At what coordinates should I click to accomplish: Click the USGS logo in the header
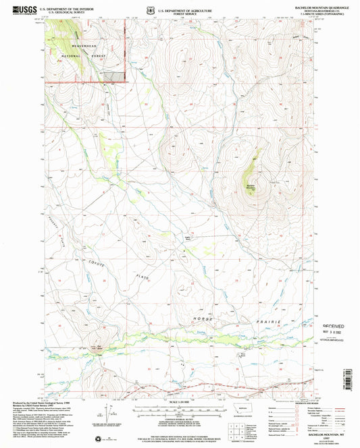(20, 11)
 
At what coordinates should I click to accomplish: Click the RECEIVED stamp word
(330, 325)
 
